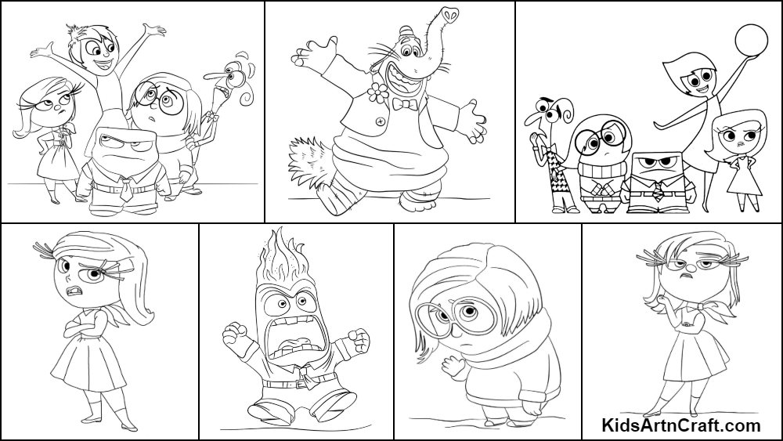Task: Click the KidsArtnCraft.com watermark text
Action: point(681,425)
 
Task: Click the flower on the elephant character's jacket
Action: point(378,93)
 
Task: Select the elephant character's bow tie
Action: point(404,104)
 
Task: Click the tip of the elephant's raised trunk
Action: point(449,15)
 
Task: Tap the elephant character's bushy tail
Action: point(309,159)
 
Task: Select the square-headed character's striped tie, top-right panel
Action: point(659,191)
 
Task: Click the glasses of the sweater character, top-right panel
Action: point(601,136)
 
